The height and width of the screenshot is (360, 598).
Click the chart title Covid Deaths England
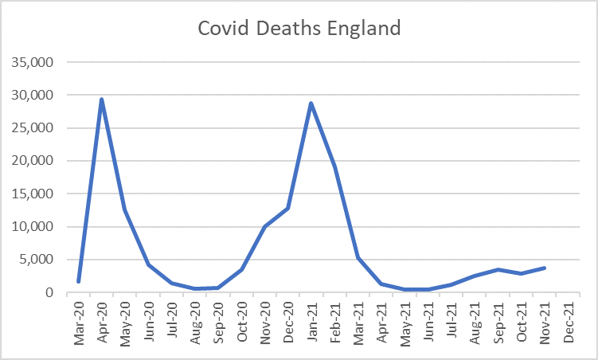coord(299,29)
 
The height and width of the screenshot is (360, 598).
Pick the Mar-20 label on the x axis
coord(78,323)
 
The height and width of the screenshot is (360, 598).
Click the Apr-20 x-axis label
coord(102,323)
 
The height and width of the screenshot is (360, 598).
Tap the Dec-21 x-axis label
coord(569,323)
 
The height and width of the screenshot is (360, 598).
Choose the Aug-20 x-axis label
coord(195,323)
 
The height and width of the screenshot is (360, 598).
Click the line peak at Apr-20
coord(102,100)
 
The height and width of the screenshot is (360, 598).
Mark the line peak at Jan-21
coord(311,104)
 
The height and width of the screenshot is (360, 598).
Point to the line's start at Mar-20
coord(78,281)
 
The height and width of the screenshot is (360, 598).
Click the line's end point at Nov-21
coord(545,268)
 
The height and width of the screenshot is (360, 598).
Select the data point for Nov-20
coord(264,227)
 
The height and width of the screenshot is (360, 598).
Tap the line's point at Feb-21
coord(335,166)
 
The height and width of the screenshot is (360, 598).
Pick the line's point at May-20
coord(125,210)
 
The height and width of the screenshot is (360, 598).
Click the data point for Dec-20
coord(288,208)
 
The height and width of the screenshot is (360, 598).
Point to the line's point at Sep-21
coord(498,270)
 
